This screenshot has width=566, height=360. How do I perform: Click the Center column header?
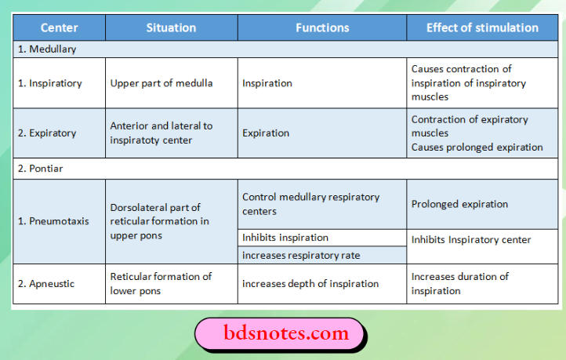coord(60,27)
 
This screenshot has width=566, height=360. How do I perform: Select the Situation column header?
coord(171,27)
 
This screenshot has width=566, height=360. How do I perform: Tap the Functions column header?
coord(322,27)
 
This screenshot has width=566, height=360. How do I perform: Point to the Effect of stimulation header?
coord(482,27)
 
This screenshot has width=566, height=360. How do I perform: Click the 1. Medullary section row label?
coord(47,49)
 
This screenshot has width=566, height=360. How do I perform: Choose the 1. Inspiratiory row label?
coord(49,83)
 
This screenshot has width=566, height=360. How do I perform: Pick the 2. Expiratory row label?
coord(47,133)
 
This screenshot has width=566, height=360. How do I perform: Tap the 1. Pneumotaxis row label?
coord(53,221)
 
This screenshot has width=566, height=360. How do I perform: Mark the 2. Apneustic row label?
coord(46,283)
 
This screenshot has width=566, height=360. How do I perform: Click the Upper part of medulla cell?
coord(161,83)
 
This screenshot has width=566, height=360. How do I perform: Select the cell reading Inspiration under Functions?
coord(267,83)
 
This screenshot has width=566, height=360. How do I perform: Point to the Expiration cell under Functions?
coord(266,133)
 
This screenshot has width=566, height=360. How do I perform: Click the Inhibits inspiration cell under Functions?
coord(285,238)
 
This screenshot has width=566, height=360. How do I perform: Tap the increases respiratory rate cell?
coord(300,255)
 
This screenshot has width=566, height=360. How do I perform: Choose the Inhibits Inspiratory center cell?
coord(471,239)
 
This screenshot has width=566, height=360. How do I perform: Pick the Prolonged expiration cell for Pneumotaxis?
coord(459,204)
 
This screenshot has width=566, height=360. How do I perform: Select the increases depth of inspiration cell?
coord(310,283)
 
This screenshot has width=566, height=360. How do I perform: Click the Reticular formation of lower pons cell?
coord(161,283)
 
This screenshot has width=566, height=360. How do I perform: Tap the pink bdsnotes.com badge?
coord(279,333)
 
